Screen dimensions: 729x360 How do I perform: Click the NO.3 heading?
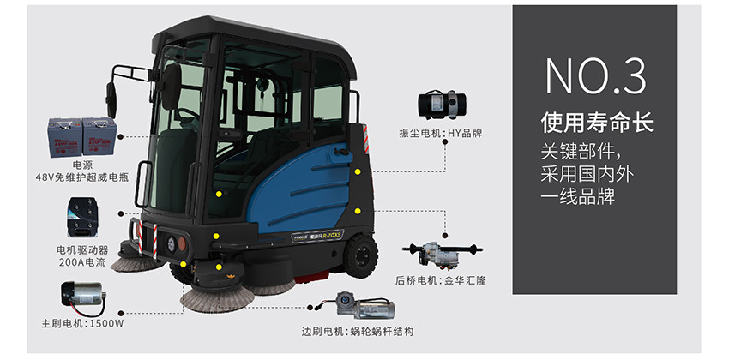(x=595, y=76)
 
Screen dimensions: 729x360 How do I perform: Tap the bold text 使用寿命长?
(x=597, y=123)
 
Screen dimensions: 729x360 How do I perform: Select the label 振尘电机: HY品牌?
(x=441, y=134)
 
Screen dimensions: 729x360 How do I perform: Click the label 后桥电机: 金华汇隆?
(x=440, y=280)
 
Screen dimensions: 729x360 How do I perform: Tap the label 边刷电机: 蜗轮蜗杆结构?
(x=357, y=332)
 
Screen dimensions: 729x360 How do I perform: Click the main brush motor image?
(x=84, y=297)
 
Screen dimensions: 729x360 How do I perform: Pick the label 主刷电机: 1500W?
(x=82, y=324)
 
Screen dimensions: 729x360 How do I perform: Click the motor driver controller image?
(x=82, y=218)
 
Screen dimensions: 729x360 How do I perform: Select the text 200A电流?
(x=81, y=262)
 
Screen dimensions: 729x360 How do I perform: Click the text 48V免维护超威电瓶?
(x=81, y=177)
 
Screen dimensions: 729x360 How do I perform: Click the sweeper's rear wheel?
(x=360, y=256)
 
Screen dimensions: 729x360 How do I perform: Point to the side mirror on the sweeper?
(x=111, y=99)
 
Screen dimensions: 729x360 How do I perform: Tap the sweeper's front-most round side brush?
(x=218, y=297)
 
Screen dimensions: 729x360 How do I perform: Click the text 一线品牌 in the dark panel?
(x=578, y=196)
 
